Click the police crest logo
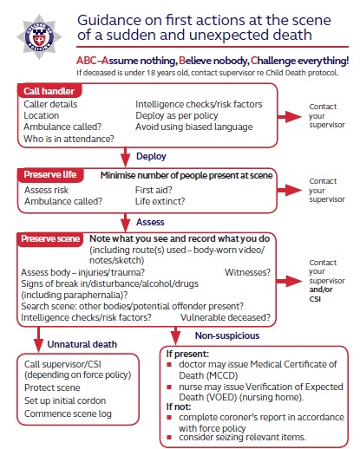tap(36, 36)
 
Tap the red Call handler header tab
tap(50, 91)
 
